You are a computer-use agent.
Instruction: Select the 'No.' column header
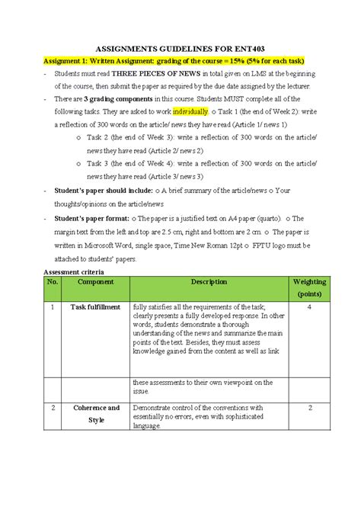(53, 282)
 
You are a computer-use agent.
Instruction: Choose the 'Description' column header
(209, 282)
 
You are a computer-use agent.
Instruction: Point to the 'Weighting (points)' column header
(310, 287)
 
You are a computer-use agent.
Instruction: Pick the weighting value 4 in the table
(310, 307)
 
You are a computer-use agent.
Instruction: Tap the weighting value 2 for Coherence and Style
(310, 408)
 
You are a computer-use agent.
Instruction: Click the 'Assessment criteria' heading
(75, 271)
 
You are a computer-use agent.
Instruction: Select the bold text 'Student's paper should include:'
(102, 191)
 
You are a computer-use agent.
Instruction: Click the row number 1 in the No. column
(53, 307)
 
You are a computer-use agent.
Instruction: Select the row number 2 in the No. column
(53, 408)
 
